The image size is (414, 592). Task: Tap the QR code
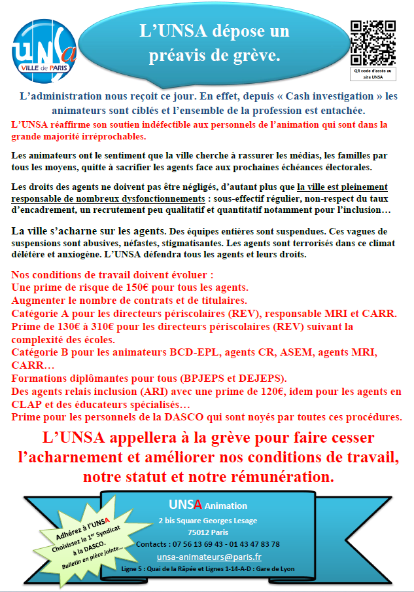tap(373, 41)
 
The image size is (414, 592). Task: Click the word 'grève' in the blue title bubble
tap(260, 56)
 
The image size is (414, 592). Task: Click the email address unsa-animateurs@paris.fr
tap(209, 557)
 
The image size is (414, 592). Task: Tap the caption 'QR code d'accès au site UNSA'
tap(372, 73)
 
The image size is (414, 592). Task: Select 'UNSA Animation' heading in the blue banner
tap(208, 505)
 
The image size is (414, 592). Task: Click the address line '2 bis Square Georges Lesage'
tap(208, 521)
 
